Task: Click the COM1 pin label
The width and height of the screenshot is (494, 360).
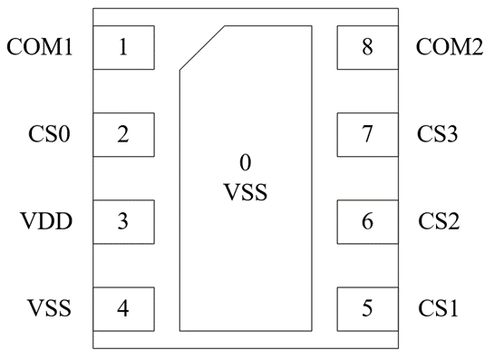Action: pyautogui.click(x=40, y=47)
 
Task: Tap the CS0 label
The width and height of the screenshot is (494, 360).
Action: pyautogui.click(x=49, y=134)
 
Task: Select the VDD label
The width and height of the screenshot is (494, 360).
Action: pyautogui.click(x=46, y=221)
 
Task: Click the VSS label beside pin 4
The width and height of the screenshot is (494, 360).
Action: pyautogui.click(x=49, y=308)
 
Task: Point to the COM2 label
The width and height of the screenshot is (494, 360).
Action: pyautogui.click(x=450, y=47)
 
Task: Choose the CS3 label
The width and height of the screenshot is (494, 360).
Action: pyautogui.click(x=437, y=134)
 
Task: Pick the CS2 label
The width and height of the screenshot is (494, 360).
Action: pyautogui.click(x=439, y=221)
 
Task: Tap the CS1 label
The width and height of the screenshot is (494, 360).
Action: pyautogui.click(x=438, y=308)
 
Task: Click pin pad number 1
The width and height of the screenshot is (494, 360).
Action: pyautogui.click(x=124, y=47)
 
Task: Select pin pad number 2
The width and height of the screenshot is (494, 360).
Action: pyautogui.click(x=124, y=134)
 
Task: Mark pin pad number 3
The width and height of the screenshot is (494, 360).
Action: pyautogui.click(x=124, y=222)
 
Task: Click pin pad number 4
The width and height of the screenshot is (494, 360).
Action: pyautogui.click(x=124, y=309)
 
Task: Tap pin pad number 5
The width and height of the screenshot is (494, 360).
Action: pyautogui.click(x=368, y=309)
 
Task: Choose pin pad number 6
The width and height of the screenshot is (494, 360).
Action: pyautogui.click(x=368, y=222)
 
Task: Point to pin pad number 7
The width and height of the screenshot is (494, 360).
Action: pyautogui.click(x=368, y=134)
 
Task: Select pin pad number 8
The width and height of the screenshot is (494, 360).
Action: pyautogui.click(x=368, y=47)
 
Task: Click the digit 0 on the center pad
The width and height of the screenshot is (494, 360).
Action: pyautogui.click(x=246, y=162)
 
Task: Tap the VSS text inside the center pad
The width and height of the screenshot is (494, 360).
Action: pyautogui.click(x=246, y=192)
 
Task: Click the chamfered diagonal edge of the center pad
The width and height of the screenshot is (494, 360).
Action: pyautogui.click(x=202, y=48)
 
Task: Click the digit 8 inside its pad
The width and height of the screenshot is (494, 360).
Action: pyautogui.click(x=367, y=47)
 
